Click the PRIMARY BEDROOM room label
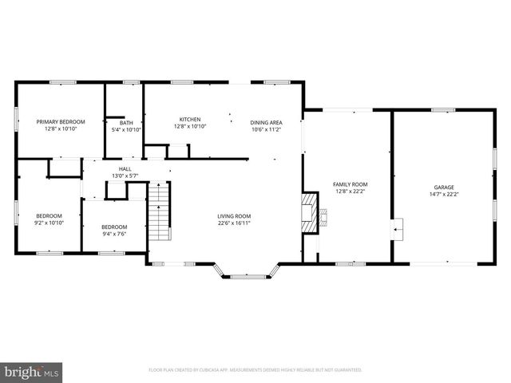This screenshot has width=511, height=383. [x=60, y=121]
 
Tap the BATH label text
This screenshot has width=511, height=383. [x=126, y=122]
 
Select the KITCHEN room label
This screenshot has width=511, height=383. [x=189, y=119]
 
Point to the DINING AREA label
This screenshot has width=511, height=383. [x=266, y=121]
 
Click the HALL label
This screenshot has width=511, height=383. [x=125, y=168]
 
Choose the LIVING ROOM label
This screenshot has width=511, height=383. [x=234, y=215]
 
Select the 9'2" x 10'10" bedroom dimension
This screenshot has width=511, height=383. [x=49, y=223]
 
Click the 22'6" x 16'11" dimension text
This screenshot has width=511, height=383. [x=234, y=223]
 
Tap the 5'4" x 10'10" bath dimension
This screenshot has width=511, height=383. [x=126, y=129]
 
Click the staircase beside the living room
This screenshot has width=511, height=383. [x=161, y=211]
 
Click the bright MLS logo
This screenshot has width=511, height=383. [x=32, y=372]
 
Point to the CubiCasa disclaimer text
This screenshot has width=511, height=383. [x=255, y=370]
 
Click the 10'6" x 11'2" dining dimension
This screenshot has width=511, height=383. [x=266, y=129]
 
